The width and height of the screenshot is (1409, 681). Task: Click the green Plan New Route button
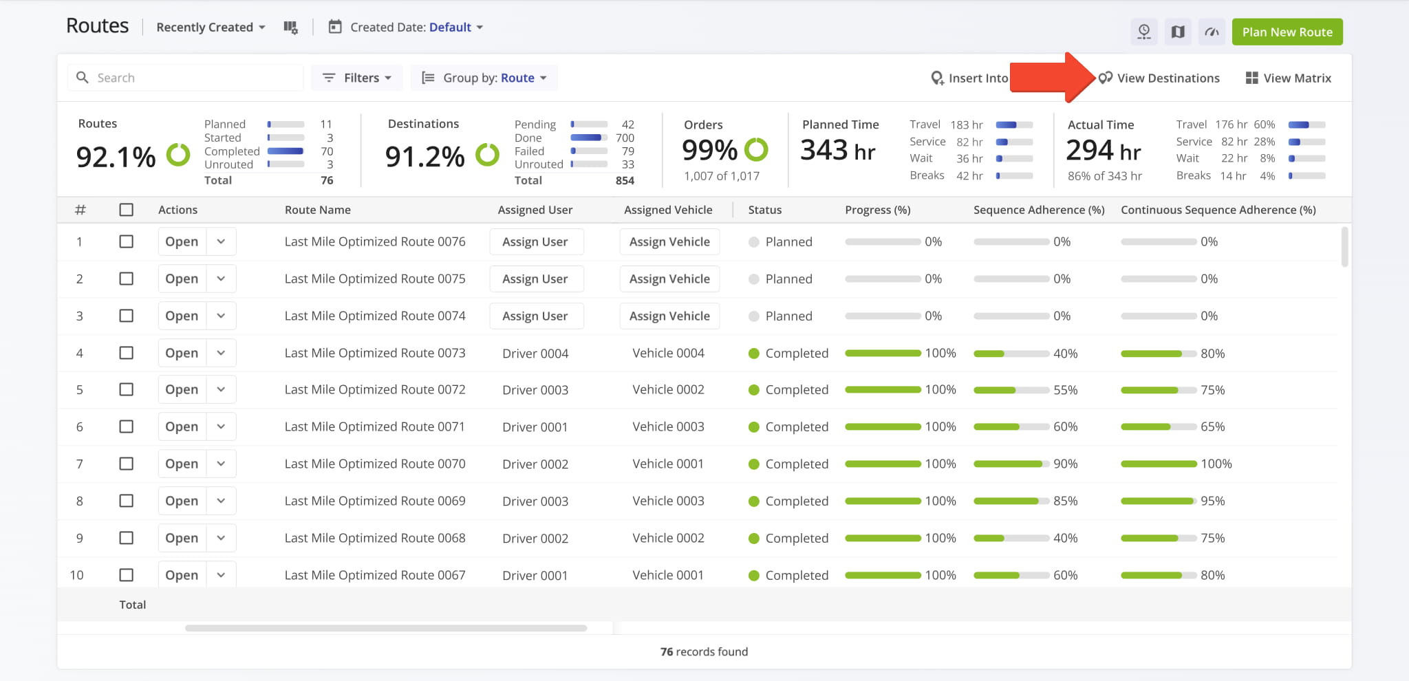coord(1287,32)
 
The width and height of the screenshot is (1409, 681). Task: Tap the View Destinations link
coord(1159,78)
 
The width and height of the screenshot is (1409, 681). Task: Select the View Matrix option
coord(1288,78)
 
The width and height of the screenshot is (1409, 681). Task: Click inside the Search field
coord(186,78)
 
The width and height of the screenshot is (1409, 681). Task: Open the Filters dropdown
coord(357,78)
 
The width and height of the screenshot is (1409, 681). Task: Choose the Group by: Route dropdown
coord(484,78)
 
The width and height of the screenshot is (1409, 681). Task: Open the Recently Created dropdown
coord(211,28)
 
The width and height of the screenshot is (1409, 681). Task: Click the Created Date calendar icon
coord(335,27)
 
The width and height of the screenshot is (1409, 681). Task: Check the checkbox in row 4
coord(127,353)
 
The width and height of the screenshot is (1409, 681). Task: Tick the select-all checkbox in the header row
coord(127,210)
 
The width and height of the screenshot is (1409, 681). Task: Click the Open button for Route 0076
coord(182,241)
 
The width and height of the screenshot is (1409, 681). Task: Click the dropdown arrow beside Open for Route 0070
coord(221,464)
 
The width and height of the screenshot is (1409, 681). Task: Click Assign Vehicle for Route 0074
coord(669,316)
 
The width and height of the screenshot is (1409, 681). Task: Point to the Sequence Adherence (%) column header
coord(1039,210)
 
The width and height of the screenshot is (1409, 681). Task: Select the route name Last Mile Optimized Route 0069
coord(375,501)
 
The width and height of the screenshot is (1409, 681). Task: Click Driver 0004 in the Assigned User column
coord(535,354)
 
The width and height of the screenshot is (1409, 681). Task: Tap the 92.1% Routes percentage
coord(116,157)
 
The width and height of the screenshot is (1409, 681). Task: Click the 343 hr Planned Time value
coord(838,150)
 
